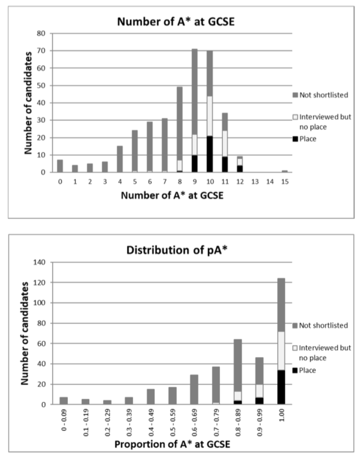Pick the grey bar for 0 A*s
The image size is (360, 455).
click(60, 166)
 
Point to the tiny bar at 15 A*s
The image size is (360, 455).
click(284, 171)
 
